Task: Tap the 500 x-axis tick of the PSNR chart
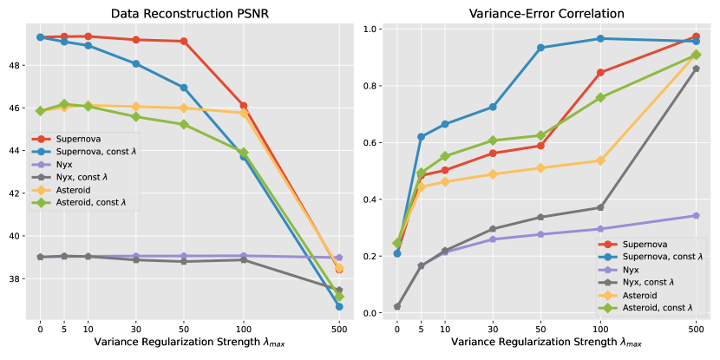point(339,330)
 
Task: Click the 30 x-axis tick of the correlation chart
point(493,330)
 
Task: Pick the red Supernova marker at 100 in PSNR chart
point(243,106)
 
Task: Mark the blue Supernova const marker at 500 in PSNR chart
point(339,306)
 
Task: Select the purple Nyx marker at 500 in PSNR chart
point(339,258)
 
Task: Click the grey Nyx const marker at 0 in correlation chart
point(397,306)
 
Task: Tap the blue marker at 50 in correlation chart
point(540,48)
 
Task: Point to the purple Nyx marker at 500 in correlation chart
point(696,215)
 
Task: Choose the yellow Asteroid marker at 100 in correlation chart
point(600,160)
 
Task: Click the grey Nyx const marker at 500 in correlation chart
point(696,69)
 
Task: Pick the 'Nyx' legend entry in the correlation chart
point(637,270)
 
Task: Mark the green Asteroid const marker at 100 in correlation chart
point(600,97)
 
